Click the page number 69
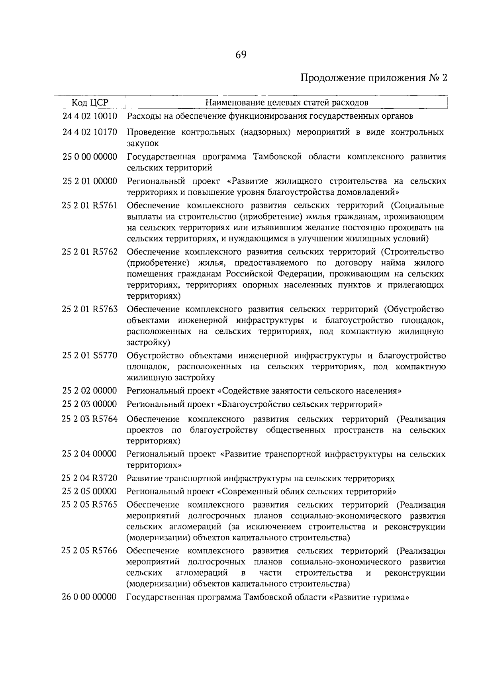click(x=241, y=55)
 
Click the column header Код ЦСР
click(x=90, y=102)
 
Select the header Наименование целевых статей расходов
click(x=286, y=102)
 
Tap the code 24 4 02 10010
click(x=90, y=116)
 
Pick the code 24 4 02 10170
click(x=90, y=132)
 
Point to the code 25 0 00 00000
click(x=90, y=157)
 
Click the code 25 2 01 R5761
click(x=90, y=206)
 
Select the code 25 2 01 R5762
click(x=90, y=252)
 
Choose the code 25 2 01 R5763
click(x=90, y=309)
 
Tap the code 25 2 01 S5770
click(x=90, y=355)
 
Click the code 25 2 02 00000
click(x=90, y=390)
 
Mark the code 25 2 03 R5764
click(x=90, y=419)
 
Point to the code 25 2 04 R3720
click(x=90, y=478)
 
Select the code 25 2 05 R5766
click(x=90, y=551)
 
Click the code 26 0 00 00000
click(x=90, y=597)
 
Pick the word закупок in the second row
click(x=143, y=143)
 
